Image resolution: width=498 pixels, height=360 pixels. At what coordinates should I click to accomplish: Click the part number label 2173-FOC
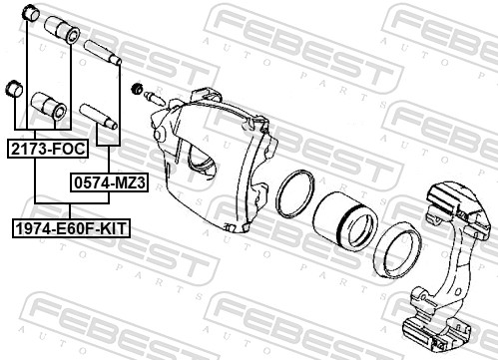(x=46, y=149)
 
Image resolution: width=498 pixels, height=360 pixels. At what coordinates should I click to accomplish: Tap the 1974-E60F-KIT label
(x=71, y=228)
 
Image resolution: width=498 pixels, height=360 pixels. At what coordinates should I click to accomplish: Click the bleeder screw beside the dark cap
(x=154, y=98)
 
